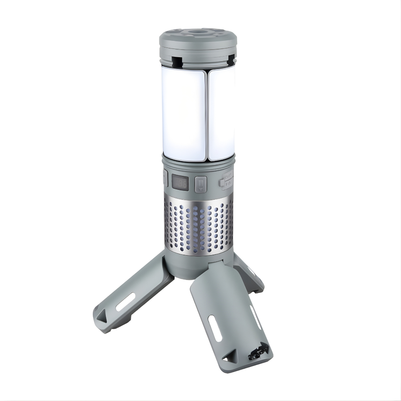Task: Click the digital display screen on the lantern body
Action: (x=180, y=182)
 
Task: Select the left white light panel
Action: (x=183, y=114)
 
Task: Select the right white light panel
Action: (x=222, y=114)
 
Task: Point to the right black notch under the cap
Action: (x=231, y=60)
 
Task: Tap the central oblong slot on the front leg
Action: (x=215, y=328)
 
